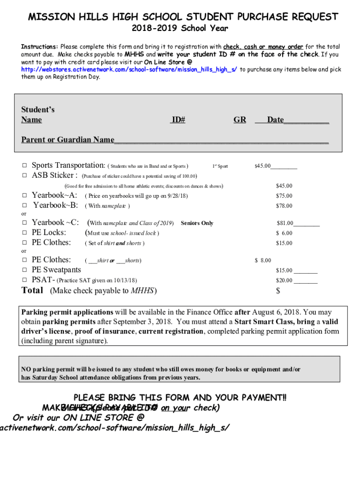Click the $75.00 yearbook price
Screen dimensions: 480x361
(x=284, y=196)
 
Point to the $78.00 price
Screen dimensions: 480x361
(x=284, y=206)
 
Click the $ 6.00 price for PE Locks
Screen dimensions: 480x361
(x=284, y=233)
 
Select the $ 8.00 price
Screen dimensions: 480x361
(x=263, y=261)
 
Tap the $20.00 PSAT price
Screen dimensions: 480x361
(x=284, y=280)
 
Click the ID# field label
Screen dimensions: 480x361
(x=178, y=120)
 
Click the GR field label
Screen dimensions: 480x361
(x=240, y=120)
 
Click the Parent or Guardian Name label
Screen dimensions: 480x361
(x=68, y=140)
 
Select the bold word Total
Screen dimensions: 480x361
(x=33, y=290)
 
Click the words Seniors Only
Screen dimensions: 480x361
(x=197, y=223)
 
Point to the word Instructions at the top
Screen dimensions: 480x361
(x=39, y=47)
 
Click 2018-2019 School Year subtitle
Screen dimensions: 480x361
(x=180, y=29)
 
